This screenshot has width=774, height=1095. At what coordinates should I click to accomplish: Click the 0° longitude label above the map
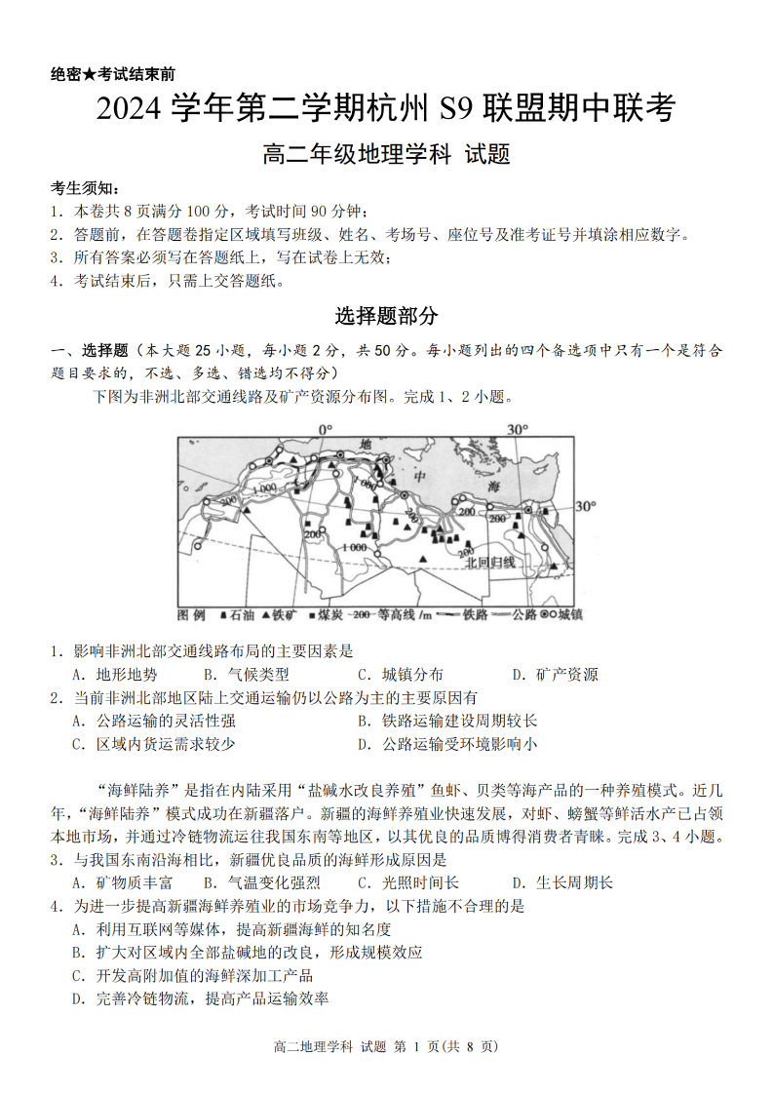pos(325,429)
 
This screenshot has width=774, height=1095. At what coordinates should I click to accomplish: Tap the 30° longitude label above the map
pos(517,429)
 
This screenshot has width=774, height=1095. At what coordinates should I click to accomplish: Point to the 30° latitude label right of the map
pos(584,506)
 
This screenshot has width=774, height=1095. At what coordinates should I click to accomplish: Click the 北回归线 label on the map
pos(488,562)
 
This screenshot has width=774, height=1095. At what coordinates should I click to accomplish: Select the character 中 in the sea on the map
pos(420,477)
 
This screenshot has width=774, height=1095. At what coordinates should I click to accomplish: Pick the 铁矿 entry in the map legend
pos(281,615)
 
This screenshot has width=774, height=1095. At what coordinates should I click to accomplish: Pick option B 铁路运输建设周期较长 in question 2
pos(446,721)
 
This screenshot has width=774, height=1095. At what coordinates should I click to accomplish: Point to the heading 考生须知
pos(86,187)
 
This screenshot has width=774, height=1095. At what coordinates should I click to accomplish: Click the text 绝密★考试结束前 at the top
pos(112,74)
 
